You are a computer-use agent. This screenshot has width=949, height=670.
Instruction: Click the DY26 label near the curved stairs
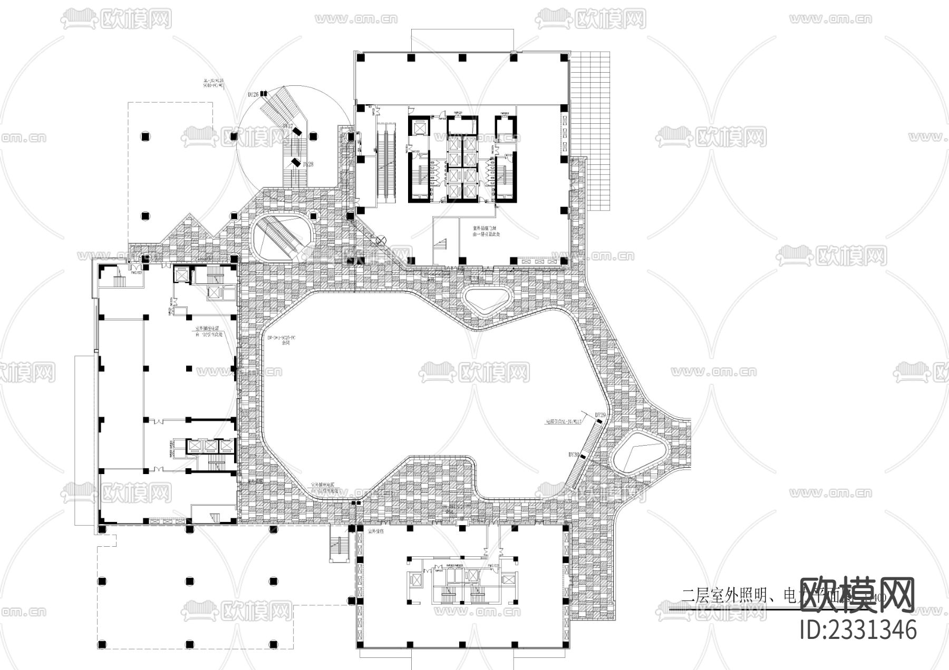point(253,94)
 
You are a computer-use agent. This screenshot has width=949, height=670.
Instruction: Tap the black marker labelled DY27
point(297,131)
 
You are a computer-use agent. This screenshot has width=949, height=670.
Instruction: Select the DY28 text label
point(308,164)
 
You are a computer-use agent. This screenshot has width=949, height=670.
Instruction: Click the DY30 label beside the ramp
point(574,454)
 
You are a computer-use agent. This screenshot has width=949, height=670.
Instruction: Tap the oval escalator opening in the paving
point(284,234)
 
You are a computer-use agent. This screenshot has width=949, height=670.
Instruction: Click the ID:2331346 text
point(858,629)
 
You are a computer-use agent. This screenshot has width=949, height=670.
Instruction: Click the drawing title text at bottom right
point(738,596)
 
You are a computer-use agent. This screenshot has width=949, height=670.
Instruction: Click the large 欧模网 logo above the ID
point(857,595)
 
